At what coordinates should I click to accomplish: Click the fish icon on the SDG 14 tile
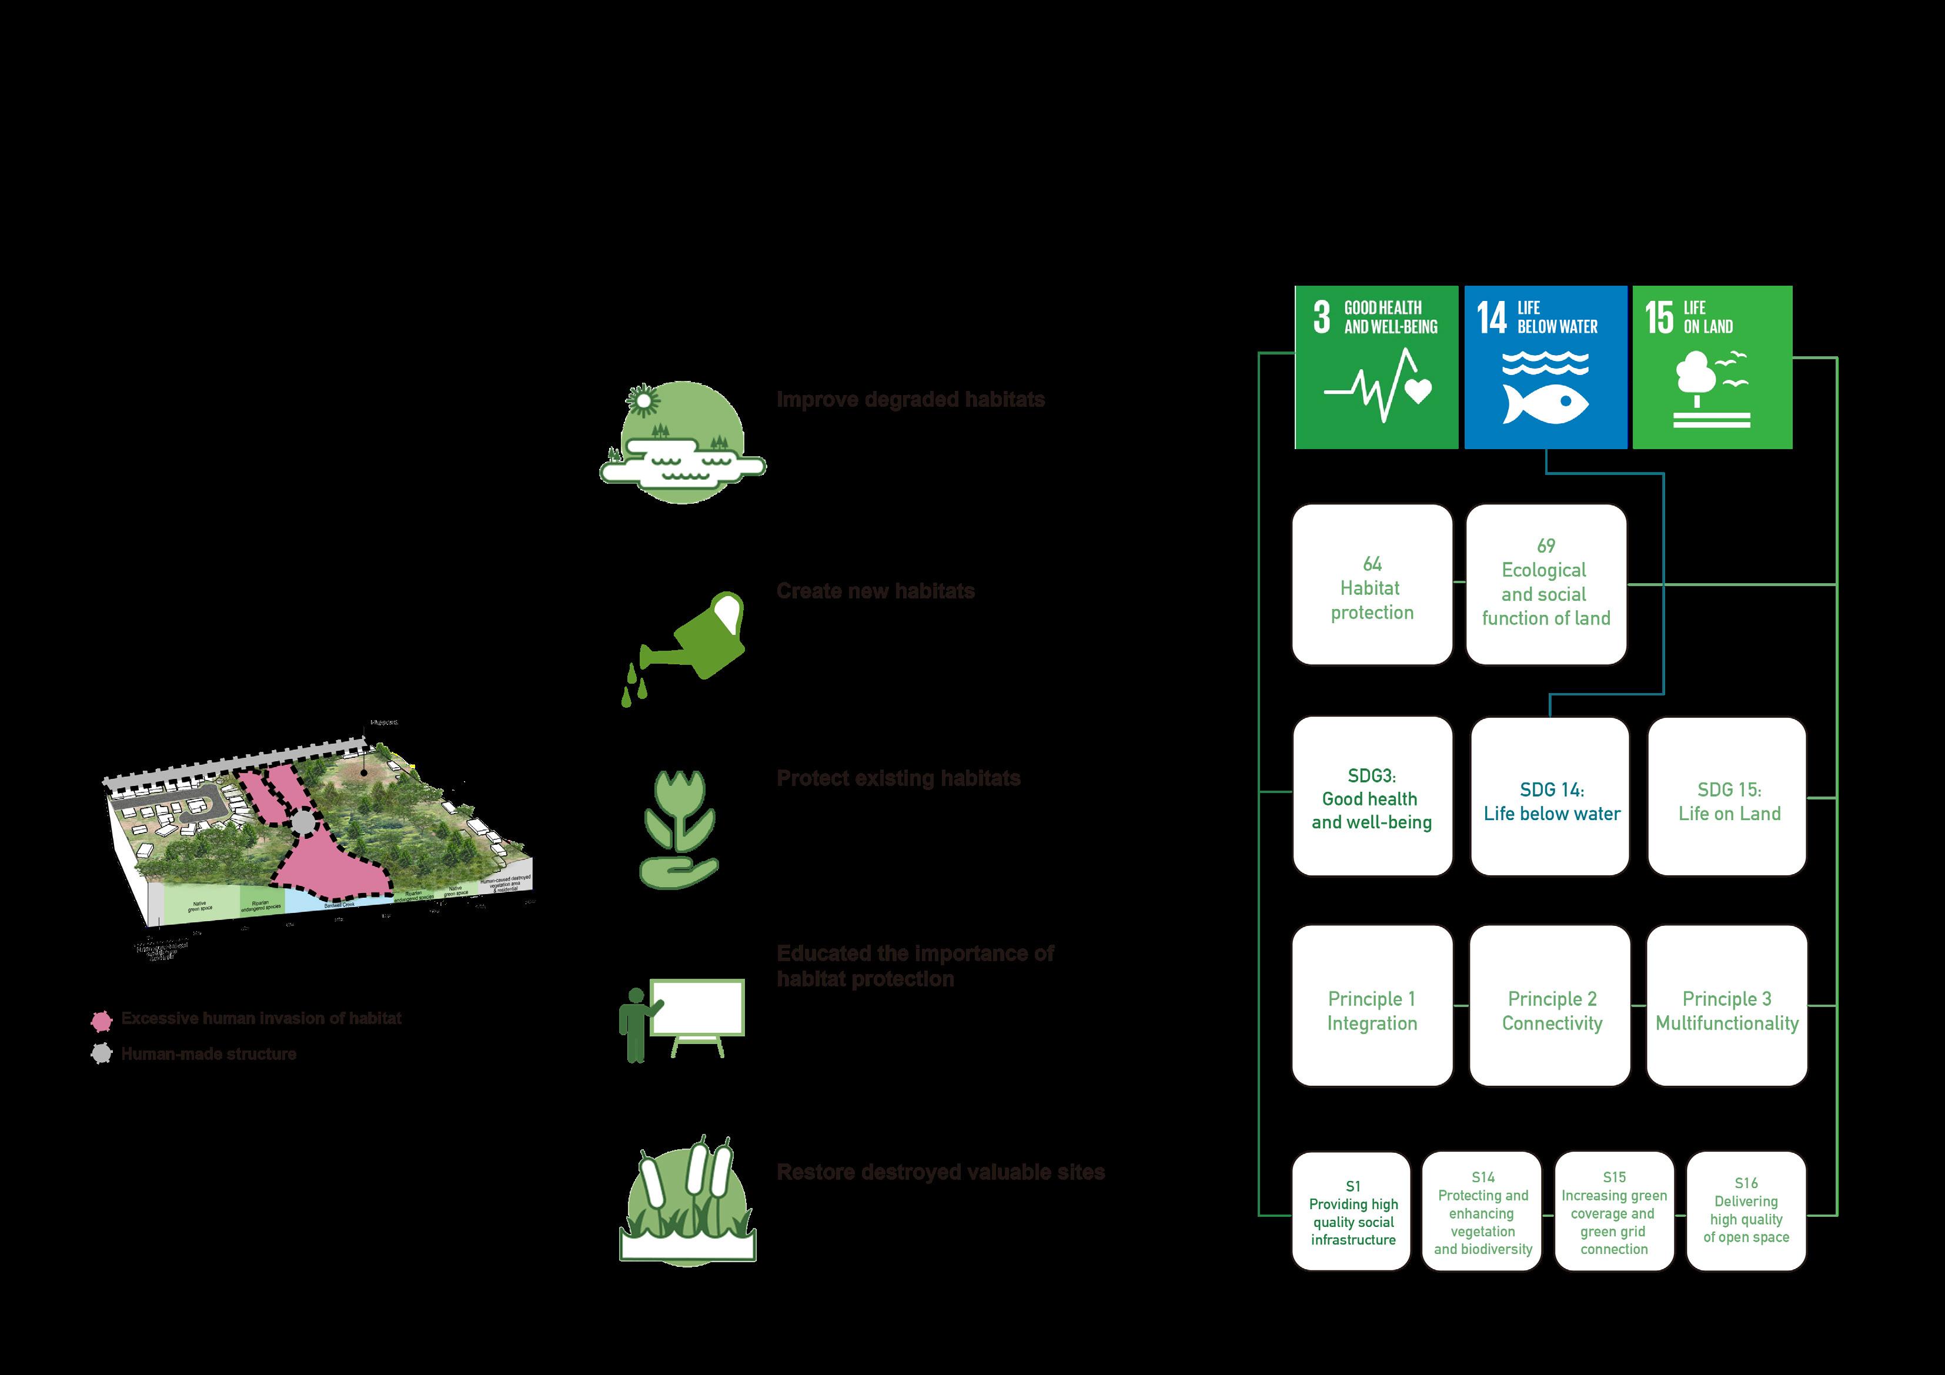pos(1545,403)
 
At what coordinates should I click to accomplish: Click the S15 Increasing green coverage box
pos(1614,1212)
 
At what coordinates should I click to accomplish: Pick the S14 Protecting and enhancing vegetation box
pos(1482,1212)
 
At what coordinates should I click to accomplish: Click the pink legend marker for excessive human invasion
pos(102,1020)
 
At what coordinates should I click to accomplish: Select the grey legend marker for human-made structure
pos(102,1055)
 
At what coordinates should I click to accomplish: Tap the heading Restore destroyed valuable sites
pos(940,1173)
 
